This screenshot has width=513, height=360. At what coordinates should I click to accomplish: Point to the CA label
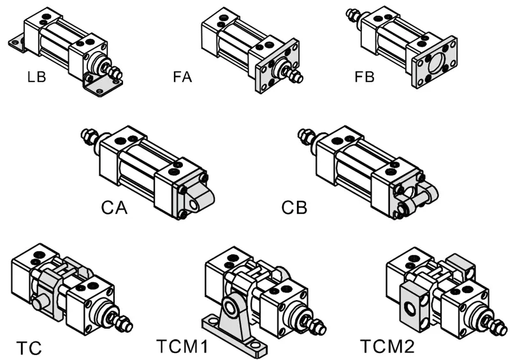coord(115,208)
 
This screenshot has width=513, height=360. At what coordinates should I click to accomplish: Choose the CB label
coord(294,208)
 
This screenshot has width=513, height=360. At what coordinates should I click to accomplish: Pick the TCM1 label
coord(182,348)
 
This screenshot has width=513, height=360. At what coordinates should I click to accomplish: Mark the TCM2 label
coord(387,348)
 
